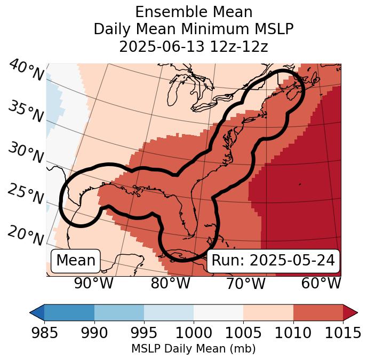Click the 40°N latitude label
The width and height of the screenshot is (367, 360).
click(26, 71)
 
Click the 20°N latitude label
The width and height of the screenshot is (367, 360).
click(26, 235)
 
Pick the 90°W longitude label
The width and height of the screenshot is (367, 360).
click(94, 284)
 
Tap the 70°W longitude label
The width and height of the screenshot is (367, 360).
click(246, 284)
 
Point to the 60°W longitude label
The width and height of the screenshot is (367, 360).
click(321, 284)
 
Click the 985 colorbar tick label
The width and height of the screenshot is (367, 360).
click(44, 333)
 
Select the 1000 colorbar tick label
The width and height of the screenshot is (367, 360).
click(194, 333)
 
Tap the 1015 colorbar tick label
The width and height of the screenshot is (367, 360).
click(343, 333)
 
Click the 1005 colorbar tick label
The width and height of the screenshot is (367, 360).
click(243, 333)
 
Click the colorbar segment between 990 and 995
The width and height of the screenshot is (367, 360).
click(119, 312)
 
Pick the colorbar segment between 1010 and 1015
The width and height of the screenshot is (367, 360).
click(318, 312)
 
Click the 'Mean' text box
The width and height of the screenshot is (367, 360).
click(76, 261)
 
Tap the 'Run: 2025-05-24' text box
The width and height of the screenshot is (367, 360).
click(273, 261)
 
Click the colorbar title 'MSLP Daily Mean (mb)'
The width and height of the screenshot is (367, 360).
click(194, 349)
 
